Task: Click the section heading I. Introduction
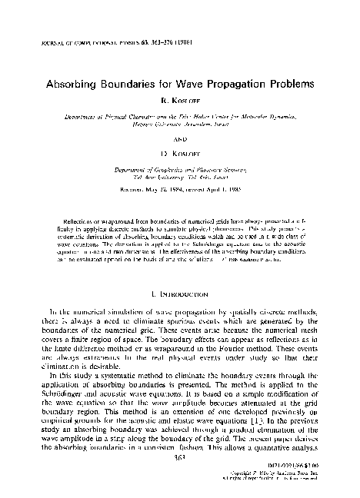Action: click(x=180, y=271)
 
